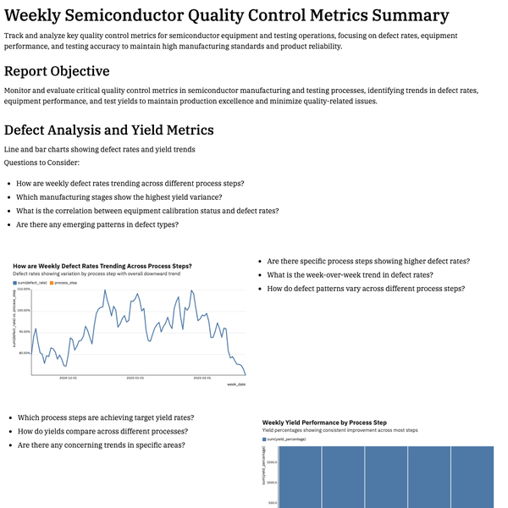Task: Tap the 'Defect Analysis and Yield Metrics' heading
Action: click(108, 130)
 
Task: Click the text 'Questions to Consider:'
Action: click(41, 162)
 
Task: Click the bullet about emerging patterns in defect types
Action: click(97, 224)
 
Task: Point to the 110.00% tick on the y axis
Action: click(24, 290)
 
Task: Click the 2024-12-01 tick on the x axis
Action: click(68, 378)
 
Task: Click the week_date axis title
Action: click(236, 384)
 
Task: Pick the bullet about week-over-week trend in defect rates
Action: click(350, 275)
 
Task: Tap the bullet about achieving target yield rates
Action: click(105, 417)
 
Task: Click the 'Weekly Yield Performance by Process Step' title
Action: click(324, 422)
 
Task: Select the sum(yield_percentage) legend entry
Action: click(290, 440)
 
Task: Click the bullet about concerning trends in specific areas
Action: click(101, 444)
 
